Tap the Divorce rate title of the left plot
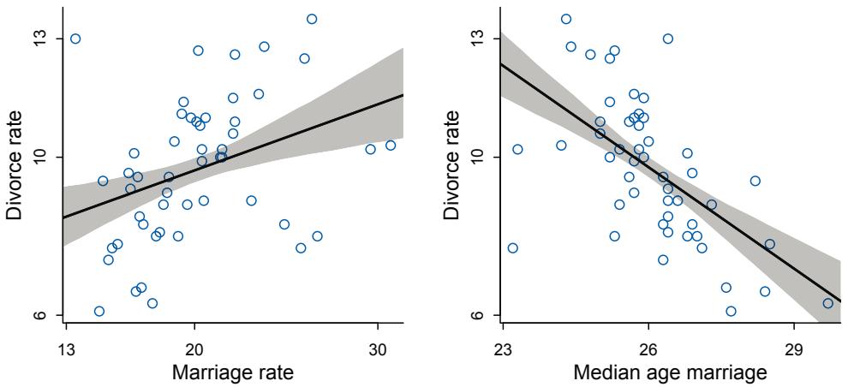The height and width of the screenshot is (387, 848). pyautogui.click(x=15, y=167)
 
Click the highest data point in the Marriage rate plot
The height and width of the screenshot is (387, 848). pyautogui.click(x=312, y=19)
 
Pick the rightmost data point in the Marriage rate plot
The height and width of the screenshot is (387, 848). pyautogui.click(x=391, y=145)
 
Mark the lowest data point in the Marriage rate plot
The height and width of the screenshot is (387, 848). pyautogui.click(x=99, y=311)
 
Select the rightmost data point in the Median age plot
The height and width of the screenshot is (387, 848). pyautogui.click(x=827, y=303)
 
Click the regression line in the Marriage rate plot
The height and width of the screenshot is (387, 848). pyautogui.click(x=233, y=156)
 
